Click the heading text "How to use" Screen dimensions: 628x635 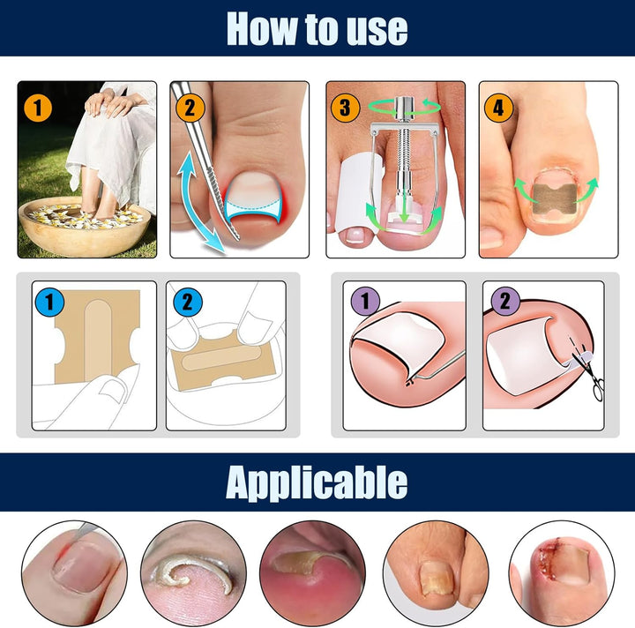[317, 28]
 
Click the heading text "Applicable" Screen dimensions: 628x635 [317, 482]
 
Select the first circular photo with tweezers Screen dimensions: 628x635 [74, 572]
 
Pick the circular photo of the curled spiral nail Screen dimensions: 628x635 [193, 572]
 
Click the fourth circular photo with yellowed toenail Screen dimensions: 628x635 [437, 572]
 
